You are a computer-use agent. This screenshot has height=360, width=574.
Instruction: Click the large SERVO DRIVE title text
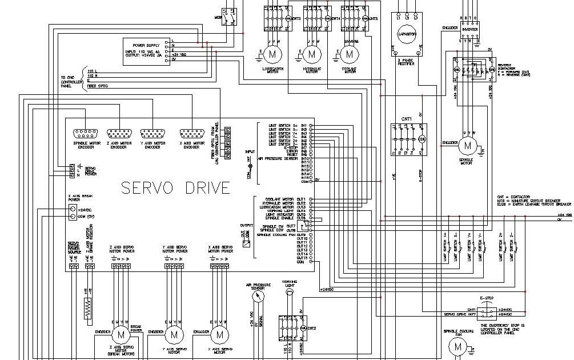click(x=175, y=187)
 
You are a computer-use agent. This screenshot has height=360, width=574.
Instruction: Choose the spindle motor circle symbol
click(x=468, y=146)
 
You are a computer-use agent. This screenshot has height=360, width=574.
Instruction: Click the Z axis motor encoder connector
click(x=118, y=134)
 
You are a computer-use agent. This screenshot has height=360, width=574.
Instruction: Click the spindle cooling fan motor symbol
click(x=457, y=346)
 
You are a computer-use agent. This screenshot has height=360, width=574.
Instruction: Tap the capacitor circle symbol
click(x=404, y=34)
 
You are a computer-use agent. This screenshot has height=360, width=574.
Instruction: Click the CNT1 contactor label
click(x=406, y=119)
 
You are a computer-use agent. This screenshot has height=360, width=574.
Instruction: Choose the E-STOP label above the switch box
click(x=486, y=298)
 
